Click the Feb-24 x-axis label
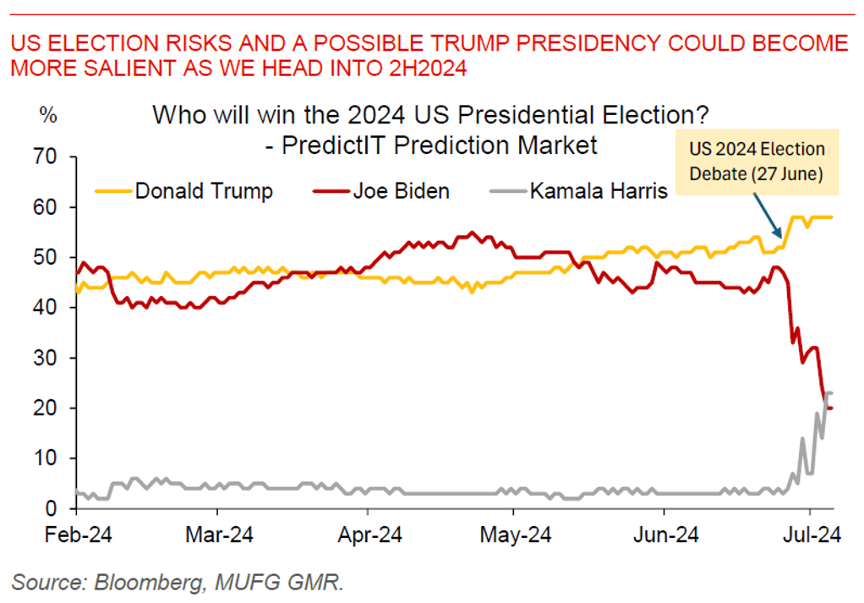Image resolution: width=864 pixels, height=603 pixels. click(x=76, y=536)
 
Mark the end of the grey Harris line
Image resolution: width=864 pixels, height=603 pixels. click(x=832, y=393)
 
